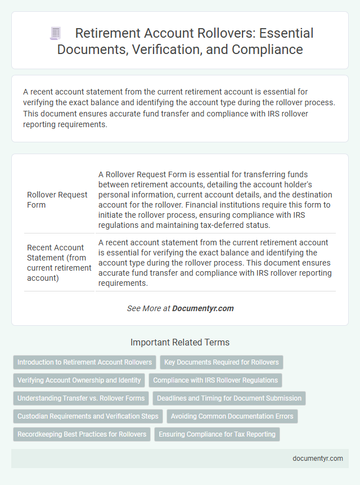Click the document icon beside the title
[x=55, y=34]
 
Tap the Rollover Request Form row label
[x=57, y=200]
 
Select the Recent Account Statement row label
[x=59, y=263]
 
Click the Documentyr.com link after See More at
[x=202, y=308]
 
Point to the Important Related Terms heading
[x=179, y=342]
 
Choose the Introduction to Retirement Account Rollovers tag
[x=84, y=362]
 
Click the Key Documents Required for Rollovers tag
[x=222, y=362]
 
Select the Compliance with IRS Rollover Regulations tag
[x=215, y=380]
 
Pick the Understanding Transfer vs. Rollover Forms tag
[x=81, y=398]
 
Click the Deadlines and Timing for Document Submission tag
[x=229, y=398]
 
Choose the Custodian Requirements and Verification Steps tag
[x=88, y=416]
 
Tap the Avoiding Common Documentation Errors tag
[x=232, y=416]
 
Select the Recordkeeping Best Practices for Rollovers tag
[x=82, y=434]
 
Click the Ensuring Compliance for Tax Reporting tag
[x=217, y=434]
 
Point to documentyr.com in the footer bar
[x=318, y=459]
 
